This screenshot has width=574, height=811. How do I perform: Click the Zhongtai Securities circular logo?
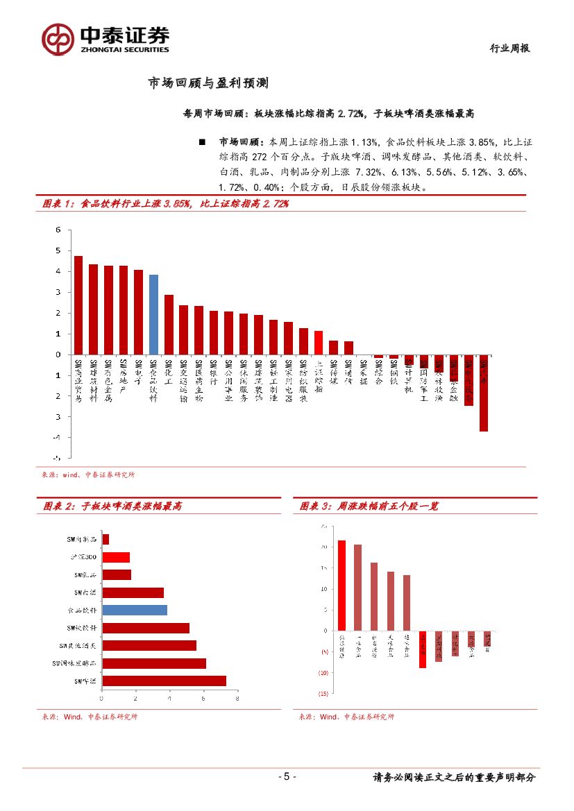point(58,39)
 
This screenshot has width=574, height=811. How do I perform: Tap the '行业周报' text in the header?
point(509,49)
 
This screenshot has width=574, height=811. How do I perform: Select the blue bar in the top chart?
point(153,314)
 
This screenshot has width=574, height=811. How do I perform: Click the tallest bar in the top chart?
point(78,305)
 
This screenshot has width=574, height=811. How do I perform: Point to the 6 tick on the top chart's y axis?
point(58,230)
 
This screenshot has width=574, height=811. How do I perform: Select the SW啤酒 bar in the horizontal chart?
point(164,681)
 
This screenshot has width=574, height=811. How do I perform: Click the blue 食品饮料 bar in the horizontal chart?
point(135,610)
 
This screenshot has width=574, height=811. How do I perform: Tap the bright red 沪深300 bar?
point(116,557)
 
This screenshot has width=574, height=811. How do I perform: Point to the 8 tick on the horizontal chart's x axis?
point(237,699)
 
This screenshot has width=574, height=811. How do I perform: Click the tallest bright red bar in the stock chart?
point(341,586)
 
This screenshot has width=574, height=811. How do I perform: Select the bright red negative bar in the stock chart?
point(423,649)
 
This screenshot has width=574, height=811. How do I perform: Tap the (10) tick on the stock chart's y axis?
point(323,673)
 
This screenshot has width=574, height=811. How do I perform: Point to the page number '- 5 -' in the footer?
point(287,777)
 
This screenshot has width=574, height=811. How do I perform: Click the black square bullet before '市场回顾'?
point(202,142)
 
